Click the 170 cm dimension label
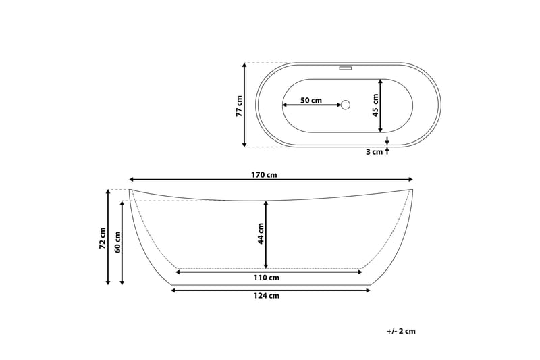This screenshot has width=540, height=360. tap(264, 175)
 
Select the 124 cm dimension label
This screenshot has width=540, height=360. tap(266, 296)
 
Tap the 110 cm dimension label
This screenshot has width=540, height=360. tap(266, 278)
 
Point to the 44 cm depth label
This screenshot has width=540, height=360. tap(261, 234)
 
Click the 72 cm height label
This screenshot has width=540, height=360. tap(103, 238)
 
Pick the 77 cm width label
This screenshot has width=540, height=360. tap(239, 107)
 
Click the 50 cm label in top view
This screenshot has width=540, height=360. tap(310, 100)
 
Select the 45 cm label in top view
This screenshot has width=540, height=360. tap(375, 105)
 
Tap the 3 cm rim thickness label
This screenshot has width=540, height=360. tap(374, 152)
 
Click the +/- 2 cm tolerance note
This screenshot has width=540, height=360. tap(401, 331)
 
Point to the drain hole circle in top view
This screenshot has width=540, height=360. tap(346, 105)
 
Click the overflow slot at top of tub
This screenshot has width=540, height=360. tap(346, 68)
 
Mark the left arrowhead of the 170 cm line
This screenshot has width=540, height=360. tap(131, 180)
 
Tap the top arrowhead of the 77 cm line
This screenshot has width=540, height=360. tap(244, 65)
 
